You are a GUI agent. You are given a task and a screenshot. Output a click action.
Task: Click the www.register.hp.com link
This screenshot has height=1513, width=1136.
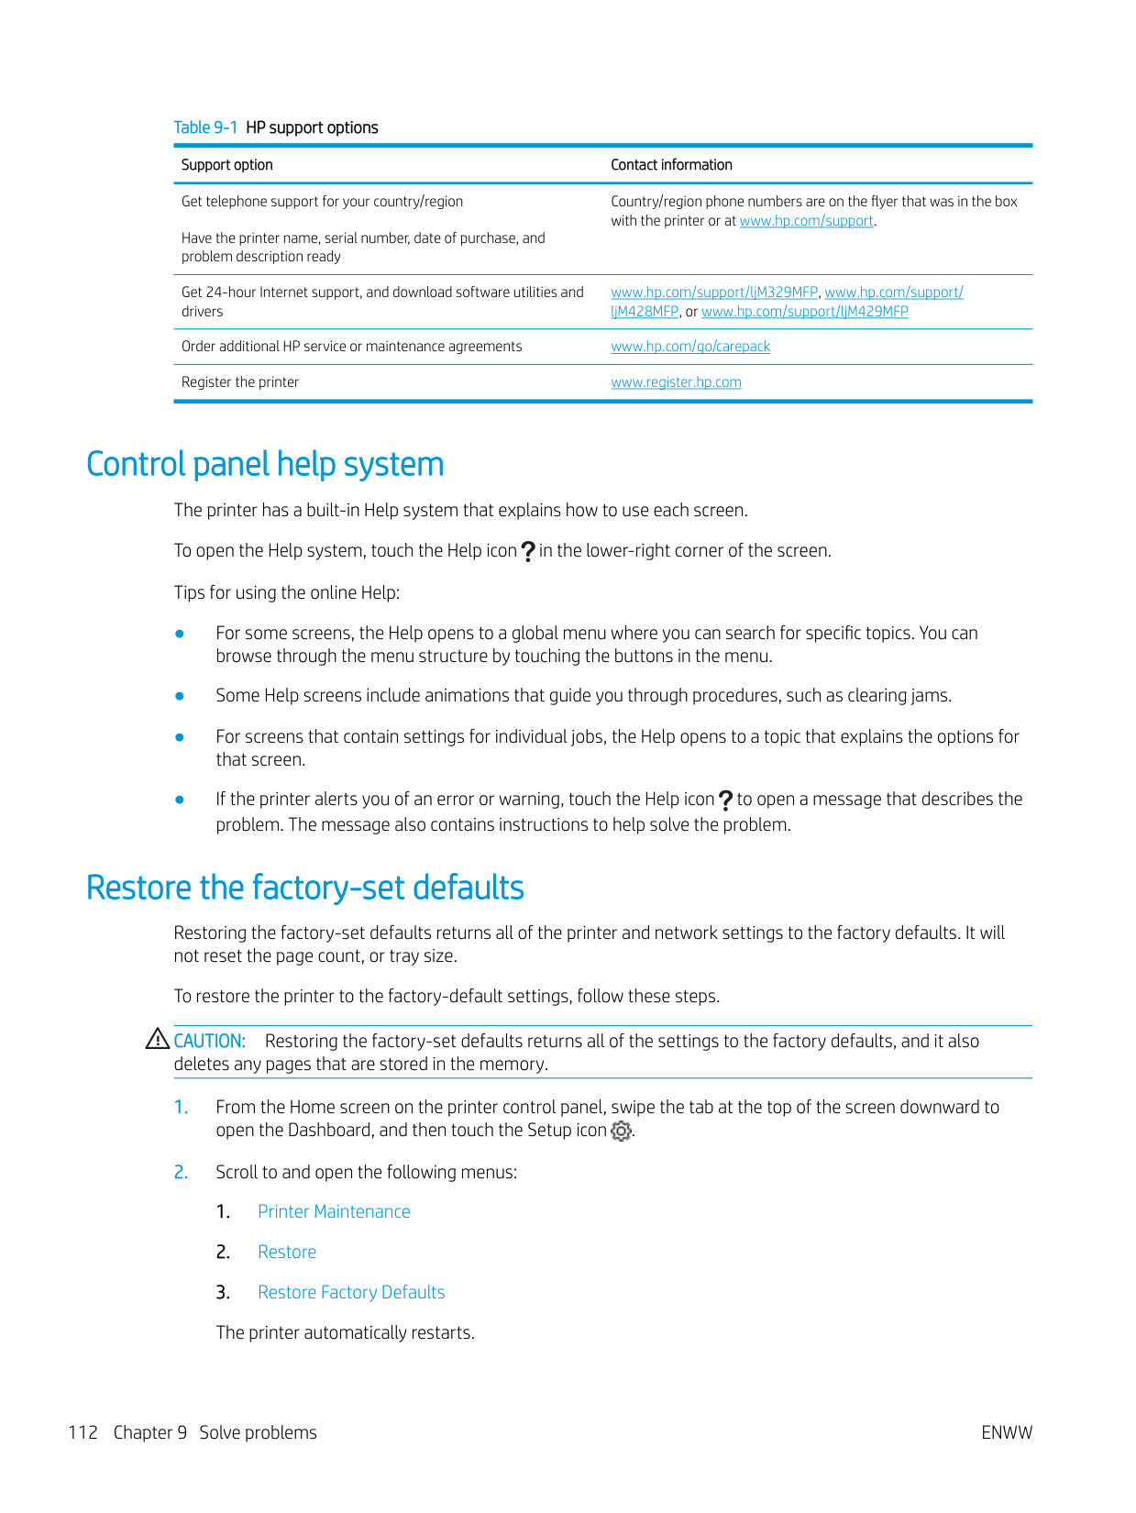pyautogui.click(x=676, y=382)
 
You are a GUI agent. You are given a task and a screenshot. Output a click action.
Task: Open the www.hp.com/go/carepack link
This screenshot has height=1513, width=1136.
pyautogui.click(x=690, y=347)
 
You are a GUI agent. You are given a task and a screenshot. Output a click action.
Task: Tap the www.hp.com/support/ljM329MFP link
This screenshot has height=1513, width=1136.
pyautogui.click(x=714, y=293)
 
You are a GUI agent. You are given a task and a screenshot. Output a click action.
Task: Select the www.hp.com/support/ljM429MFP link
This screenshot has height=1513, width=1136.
pyautogui.click(x=805, y=312)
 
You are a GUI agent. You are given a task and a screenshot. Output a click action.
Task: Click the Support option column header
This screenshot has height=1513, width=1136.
pyautogui.click(x=227, y=165)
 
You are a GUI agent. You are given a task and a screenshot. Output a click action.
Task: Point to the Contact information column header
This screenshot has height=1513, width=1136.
pyautogui.click(x=671, y=165)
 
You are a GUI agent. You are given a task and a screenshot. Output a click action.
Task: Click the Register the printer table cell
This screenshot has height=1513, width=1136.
pyautogui.click(x=240, y=382)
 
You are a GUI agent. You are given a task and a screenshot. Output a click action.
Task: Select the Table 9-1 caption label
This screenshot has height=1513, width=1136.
pyautogui.click(x=205, y=127)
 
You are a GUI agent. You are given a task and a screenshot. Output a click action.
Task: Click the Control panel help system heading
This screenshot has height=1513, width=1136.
pyautogui.click(x=265, y=464)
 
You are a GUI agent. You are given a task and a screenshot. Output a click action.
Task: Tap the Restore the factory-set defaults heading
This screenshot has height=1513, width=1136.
pyautogui.click(x=305, y=888)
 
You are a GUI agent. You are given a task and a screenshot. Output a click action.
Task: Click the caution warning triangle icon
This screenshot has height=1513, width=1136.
pyautogui.click(x=158, y=1039)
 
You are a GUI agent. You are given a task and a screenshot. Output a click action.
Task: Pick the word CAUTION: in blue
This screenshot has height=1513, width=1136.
pyautogui.click(x=210, y=1041)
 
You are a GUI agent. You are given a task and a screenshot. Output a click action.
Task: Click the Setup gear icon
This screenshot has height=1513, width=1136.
pyautogui.click(x=621, y=1131)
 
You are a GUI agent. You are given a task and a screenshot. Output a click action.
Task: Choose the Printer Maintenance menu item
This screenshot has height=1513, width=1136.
pyautogui.click(x=334, y=1211)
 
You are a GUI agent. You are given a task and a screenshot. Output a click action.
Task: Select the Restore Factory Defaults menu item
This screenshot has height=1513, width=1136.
pyautogui.click(x=351, y=1292)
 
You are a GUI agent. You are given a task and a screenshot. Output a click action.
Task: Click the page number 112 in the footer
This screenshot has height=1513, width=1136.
pyautogui.click(x=83, y=1432)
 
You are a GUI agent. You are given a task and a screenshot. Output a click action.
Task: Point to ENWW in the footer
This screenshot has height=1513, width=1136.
pyautogui.click(x=1006, y=1432)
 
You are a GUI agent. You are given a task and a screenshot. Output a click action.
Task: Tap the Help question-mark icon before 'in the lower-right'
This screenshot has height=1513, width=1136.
pyautogui.click(x=528, y=551)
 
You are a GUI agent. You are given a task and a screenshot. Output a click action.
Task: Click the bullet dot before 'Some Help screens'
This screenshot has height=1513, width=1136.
pyautogui.click(x=181, y=696)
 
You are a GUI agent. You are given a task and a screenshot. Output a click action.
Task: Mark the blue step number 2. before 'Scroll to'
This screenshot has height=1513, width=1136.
pyautogui.click(x=181, y=1172)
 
